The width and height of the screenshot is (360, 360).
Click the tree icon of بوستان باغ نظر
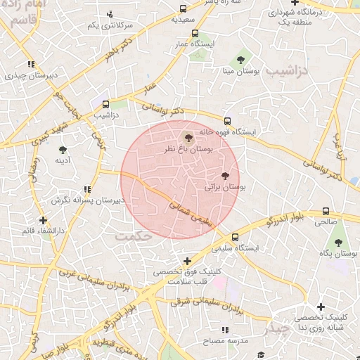[x=187, y=137]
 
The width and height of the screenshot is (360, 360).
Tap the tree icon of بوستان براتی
[x=225, y=176]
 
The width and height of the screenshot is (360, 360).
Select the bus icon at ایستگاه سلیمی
[x=235, y=237]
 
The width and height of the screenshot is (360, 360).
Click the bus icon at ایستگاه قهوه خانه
[x=226, y=121]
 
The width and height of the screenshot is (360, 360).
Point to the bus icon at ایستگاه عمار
[x=195, y=33]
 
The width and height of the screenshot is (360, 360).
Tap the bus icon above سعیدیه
[x=184, y=9]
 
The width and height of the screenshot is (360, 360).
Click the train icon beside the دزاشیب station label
[x=106, y=104]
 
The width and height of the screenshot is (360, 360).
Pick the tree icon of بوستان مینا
[x=241, y=59]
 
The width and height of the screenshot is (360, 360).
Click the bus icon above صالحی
[x=326, y=211]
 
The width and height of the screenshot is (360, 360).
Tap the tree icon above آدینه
[x=63, y=150]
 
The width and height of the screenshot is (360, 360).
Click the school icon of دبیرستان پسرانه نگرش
[x=87, y=189]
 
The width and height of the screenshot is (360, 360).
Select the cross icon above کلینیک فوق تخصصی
[x=186, y=261]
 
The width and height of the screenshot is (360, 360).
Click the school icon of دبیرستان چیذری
[x=30, y=64]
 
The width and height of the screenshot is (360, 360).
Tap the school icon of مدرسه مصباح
[x=224, y=330]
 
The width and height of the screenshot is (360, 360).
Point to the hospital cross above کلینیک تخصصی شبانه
[x=321, y=307]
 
